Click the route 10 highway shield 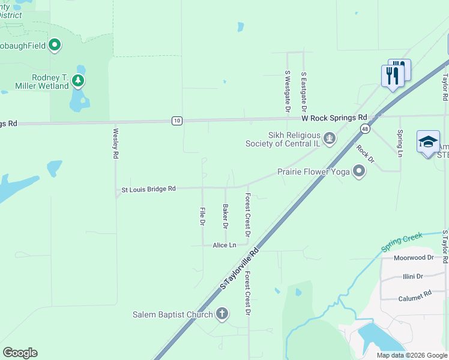point(176,121)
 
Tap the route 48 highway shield point(365,128)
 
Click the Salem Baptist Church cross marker point(222,314)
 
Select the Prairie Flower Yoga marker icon point(359,172)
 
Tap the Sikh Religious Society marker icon point(329,139)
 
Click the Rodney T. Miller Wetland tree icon point(77,80)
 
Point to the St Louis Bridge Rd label point(148,189)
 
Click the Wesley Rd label point(115,143)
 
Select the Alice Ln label point(224,245)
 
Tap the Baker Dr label point(225,217)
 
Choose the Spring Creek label point(402,243)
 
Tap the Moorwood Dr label point(413,258)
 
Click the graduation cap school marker point(428,143)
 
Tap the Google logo point(20,353)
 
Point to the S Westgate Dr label point(287,92)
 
